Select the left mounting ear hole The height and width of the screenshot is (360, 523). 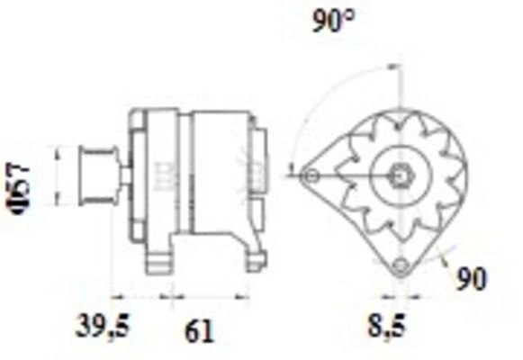[311, 175]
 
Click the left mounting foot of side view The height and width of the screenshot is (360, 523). [160, 262]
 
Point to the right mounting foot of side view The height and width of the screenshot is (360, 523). [256, 261]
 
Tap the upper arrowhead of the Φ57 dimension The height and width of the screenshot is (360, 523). [59, 151]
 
